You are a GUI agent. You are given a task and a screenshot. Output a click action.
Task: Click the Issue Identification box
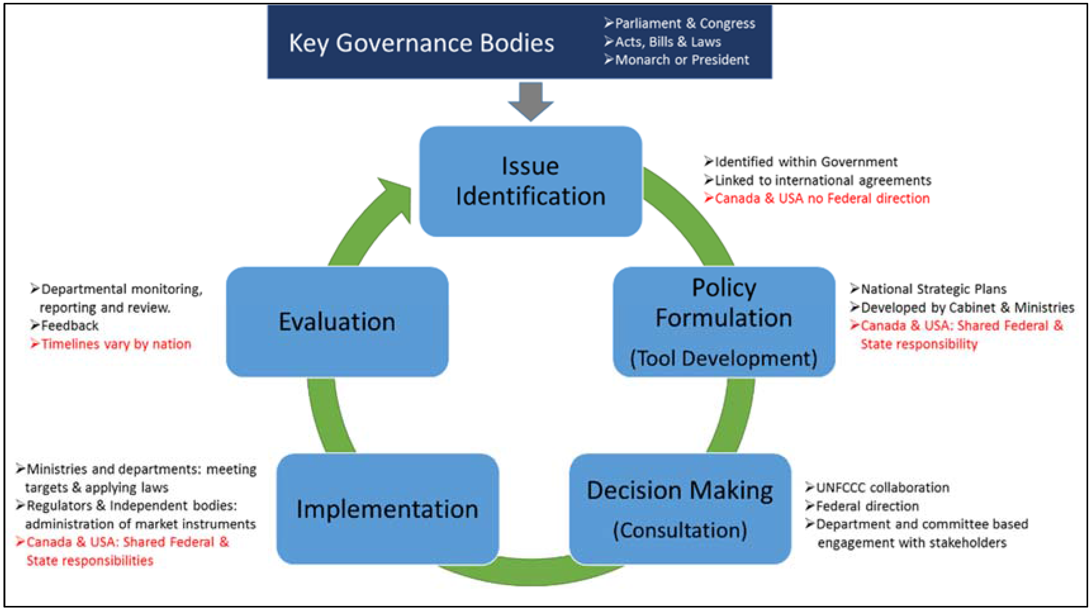point(530,181)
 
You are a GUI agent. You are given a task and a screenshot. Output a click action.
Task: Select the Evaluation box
point(337,321)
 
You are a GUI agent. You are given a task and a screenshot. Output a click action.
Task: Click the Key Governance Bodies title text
point(422,43)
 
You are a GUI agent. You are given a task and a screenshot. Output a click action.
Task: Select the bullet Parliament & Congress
point(684,23)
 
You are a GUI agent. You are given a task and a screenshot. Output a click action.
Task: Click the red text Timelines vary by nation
point(116,344)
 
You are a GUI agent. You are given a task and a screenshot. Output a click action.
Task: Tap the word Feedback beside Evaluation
point(69,325)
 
